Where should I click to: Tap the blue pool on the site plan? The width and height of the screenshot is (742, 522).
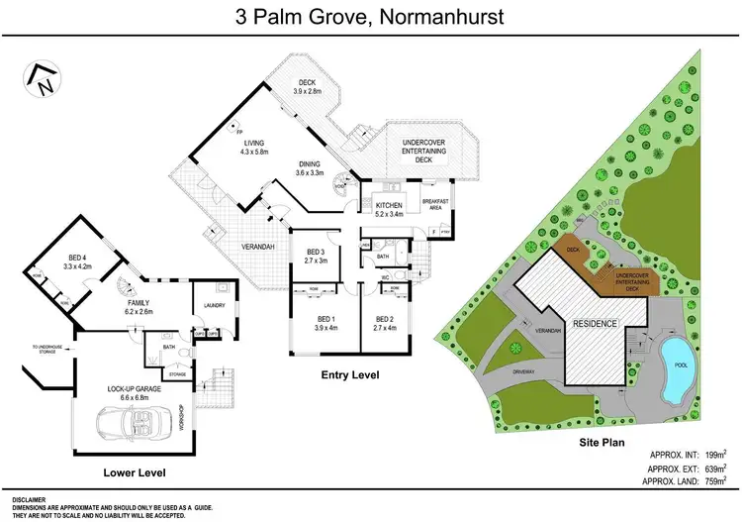click(675, 355)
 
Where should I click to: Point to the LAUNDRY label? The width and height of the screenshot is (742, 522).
click(215, 305)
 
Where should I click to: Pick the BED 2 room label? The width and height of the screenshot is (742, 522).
click(385, 318)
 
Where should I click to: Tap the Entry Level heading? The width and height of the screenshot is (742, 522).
click(350, 375)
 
